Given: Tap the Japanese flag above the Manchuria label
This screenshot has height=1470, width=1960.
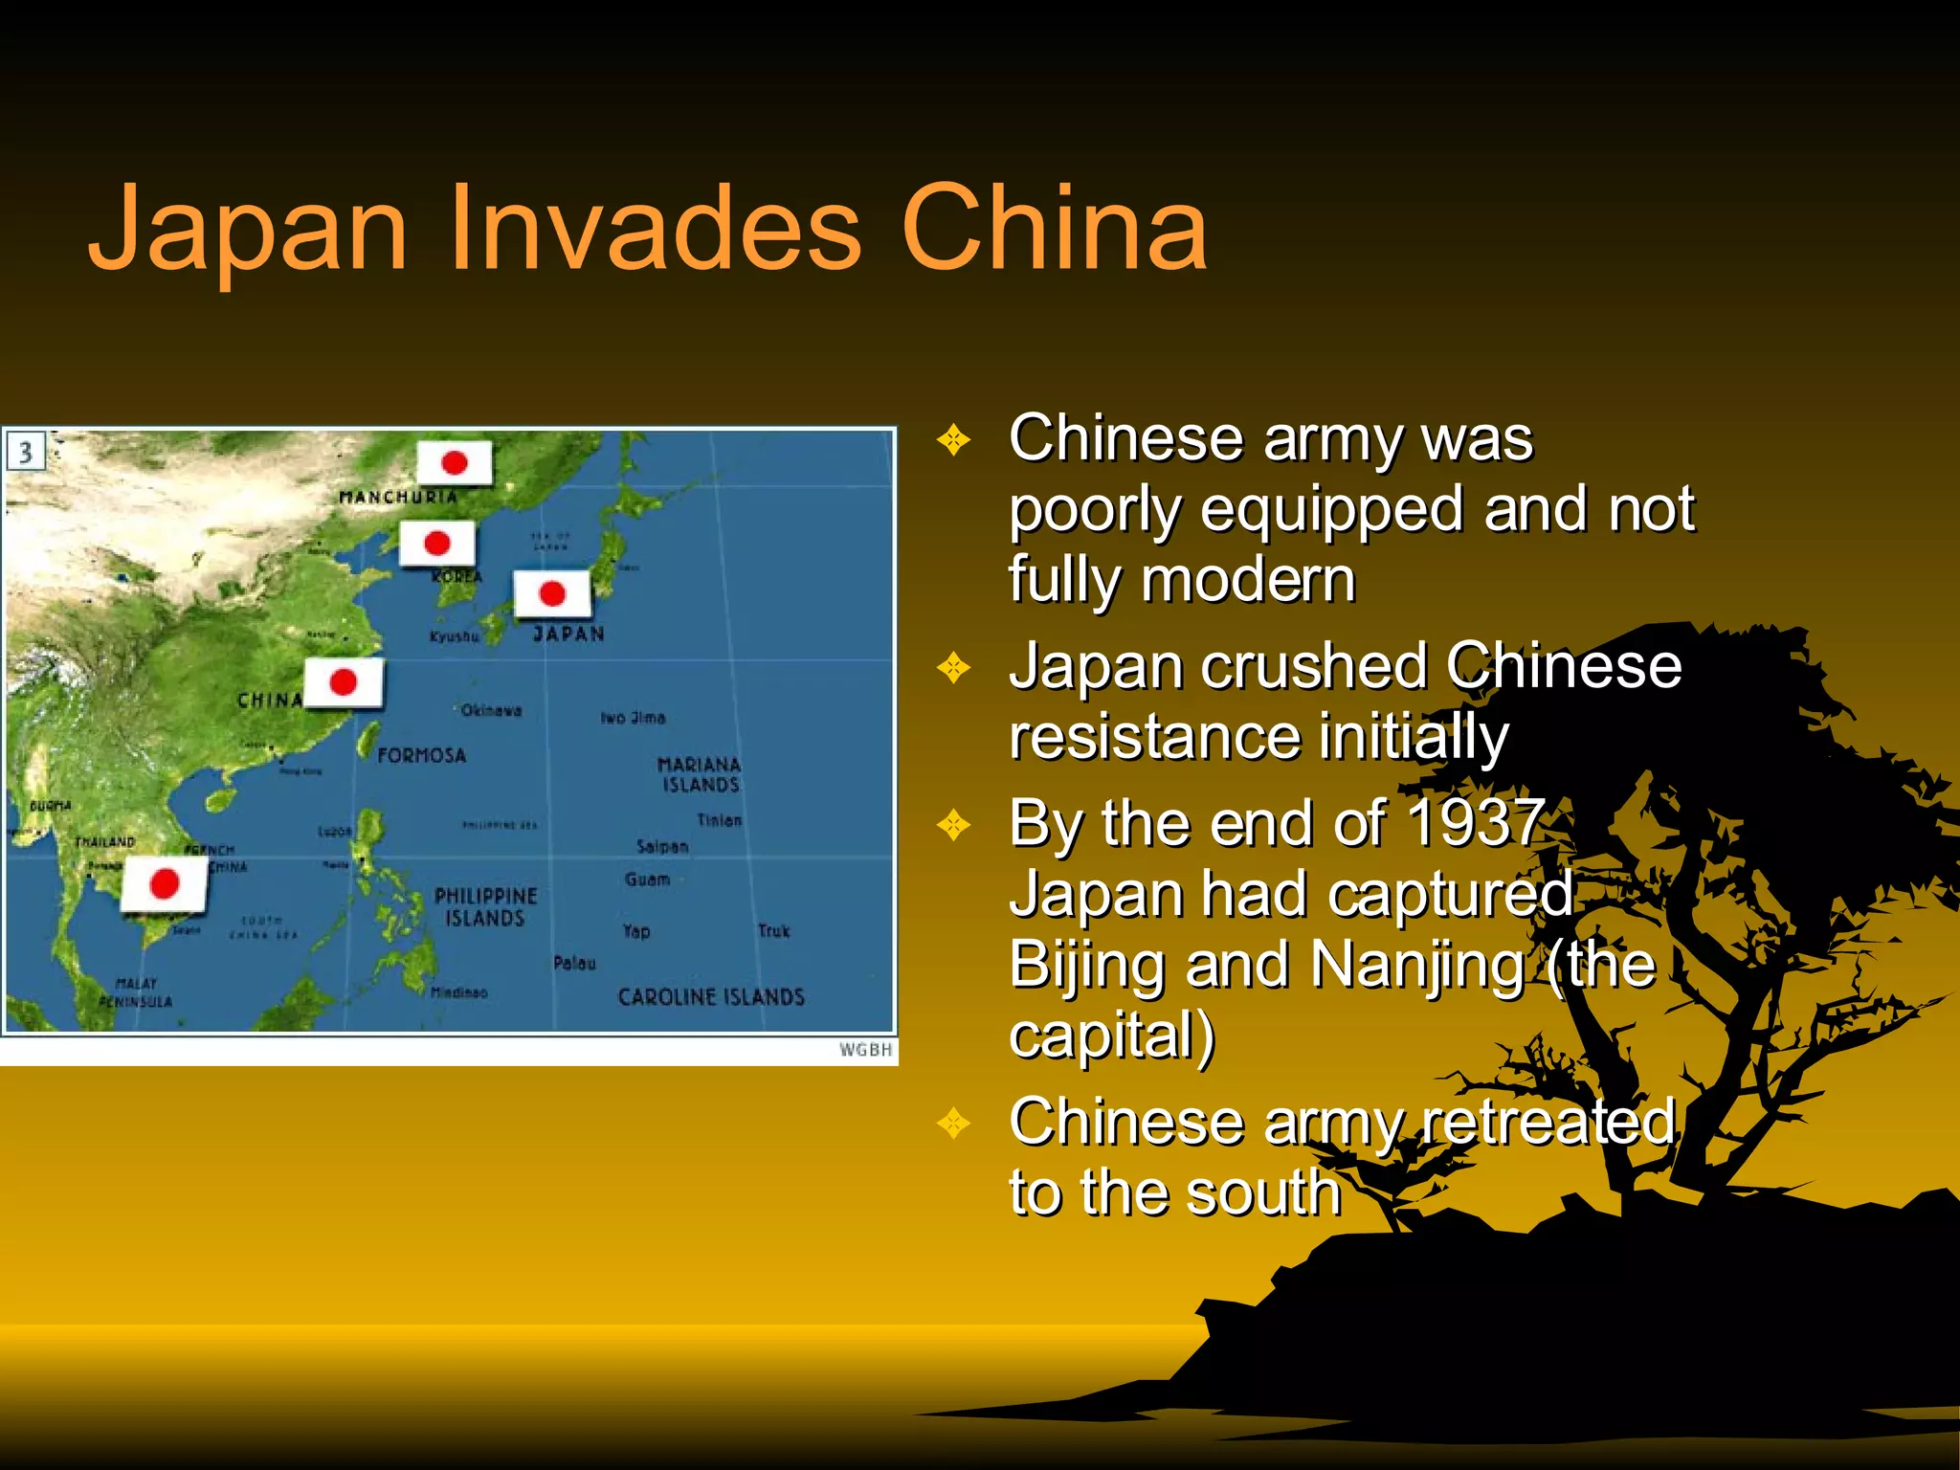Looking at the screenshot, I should [x=455, y=463].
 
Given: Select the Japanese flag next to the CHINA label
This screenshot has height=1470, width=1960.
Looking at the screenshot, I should [x=344, y=682].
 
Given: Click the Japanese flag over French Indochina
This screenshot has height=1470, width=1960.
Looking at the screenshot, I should [x=164, y=882].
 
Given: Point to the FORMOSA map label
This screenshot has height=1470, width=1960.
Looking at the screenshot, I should [x=421, y=756].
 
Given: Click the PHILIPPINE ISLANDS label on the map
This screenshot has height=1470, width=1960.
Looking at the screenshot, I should [x=486, y=907].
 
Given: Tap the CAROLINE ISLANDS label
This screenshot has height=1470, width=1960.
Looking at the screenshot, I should [x=711, y=997].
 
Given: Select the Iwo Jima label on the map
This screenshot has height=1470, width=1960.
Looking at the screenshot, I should [x=633, y=718].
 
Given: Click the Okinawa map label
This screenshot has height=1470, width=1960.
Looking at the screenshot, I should [x=491, y=710].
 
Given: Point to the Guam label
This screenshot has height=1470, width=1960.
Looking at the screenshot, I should [x=647, y=880].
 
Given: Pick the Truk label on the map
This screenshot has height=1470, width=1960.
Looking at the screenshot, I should [x=773, y=930].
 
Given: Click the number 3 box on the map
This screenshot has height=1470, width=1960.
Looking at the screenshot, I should [x=26, y=452].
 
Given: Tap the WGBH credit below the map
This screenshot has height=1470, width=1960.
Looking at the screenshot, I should [x=865, y=1050].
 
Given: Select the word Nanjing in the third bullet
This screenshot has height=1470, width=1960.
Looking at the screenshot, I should [x=1417, y=964].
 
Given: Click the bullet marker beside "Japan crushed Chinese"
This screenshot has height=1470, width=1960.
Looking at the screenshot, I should [x=953, y=667].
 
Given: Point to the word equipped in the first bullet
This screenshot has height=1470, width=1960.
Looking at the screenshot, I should [x=1331, y=508].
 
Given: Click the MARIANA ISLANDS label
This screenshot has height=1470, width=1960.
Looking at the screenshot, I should [x=700, y=774].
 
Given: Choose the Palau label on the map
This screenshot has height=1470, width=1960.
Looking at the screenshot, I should [x=574, y=963].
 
